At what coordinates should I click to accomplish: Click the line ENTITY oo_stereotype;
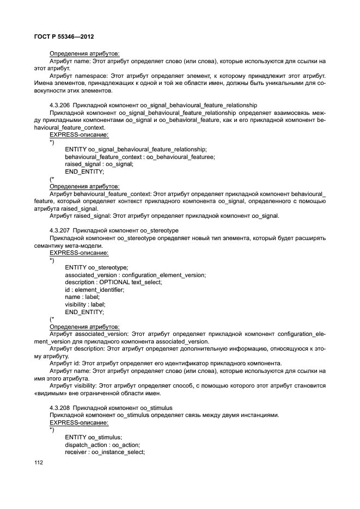click(96, 267)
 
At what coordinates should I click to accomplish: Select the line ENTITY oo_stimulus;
click(93, 437)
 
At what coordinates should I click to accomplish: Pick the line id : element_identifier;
click(94, 290)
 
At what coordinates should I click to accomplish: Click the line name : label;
click(82, 297)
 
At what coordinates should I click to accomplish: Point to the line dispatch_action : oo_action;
click(102, 444)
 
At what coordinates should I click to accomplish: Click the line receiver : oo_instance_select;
click(105, 452)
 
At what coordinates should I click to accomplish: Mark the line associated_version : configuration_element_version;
click(135, 275)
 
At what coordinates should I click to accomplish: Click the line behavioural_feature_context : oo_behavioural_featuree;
click(139, 157)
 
